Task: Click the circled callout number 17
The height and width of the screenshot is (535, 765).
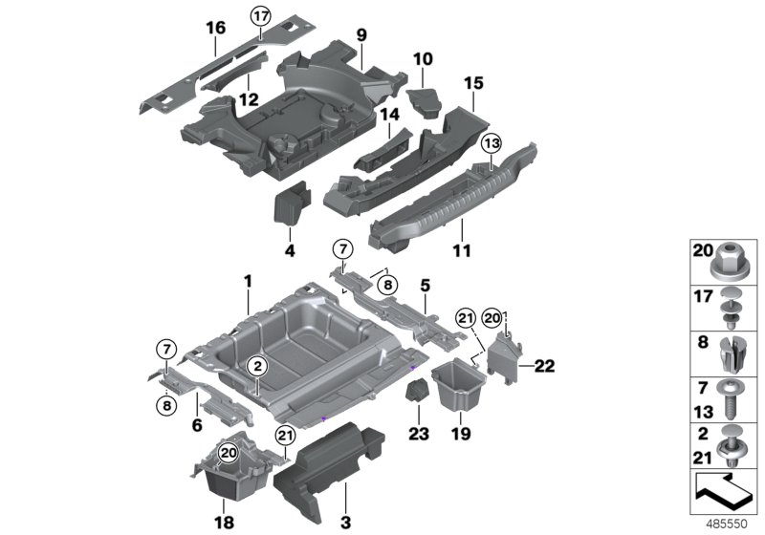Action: pos(261,15)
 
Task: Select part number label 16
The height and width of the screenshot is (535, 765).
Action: pos(216,29)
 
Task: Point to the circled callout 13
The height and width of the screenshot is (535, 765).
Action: pos(491,143)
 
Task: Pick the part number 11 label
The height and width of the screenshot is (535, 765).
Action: pos(462,225)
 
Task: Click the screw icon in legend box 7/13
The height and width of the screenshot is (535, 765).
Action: pos(731,401)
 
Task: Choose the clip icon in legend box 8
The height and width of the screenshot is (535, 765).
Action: pos(731,353)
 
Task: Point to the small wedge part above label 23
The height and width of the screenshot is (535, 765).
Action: pos(418,393)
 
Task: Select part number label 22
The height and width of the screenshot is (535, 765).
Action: pos(544,365)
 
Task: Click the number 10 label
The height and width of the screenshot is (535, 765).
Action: pos(422,59)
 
